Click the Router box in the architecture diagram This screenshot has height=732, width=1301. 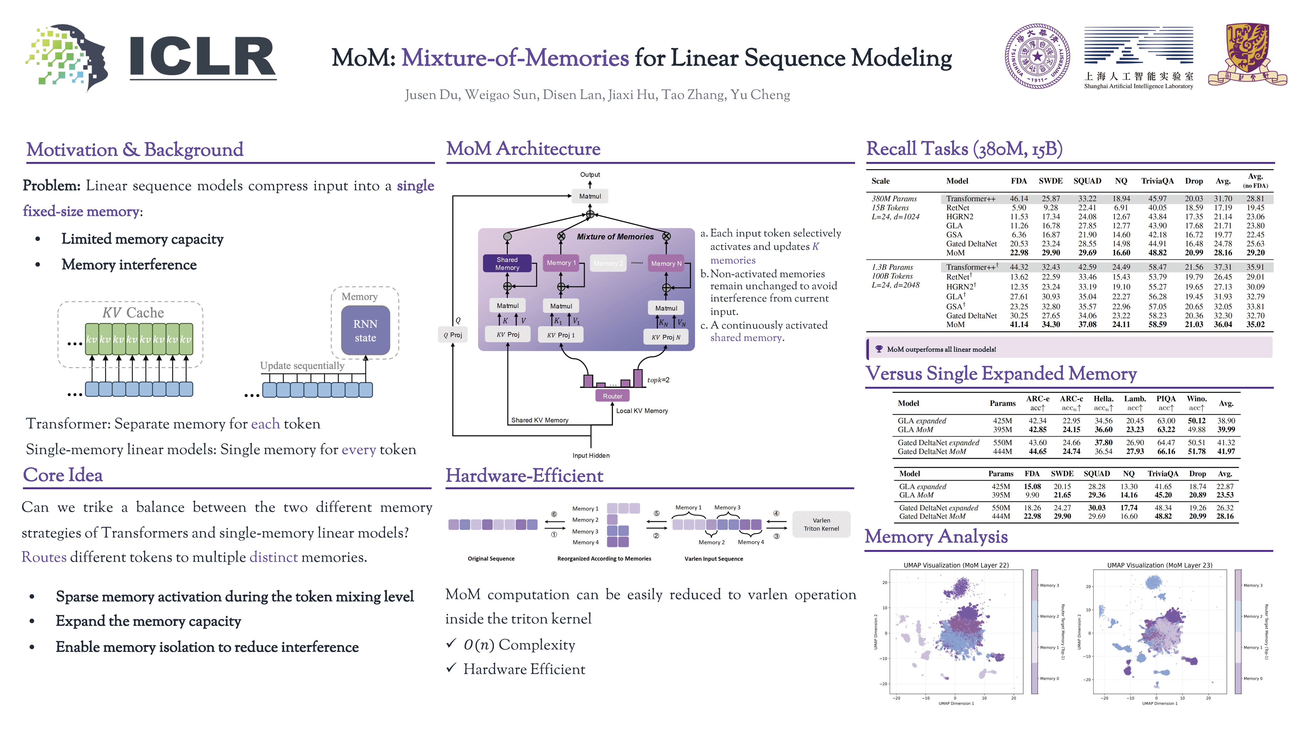pyautogui.click(x=612, y=396)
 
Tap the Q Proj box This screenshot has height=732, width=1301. pyautogui.click(x=453, y=335)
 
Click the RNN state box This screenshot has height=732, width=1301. pyautogui.click(x=365, y=331)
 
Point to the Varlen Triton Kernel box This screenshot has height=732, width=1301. pyautogui.click(x=821, y=524)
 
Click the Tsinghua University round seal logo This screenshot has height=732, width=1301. pyautogui.click(x=1037, y=56)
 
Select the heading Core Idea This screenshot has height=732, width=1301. pyautogui.click(x=63, y=475)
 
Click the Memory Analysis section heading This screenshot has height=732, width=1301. pyautogui.click(x=936, y=537)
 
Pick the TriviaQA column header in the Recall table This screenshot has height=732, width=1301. pyautogui.click(x=1157, y=181)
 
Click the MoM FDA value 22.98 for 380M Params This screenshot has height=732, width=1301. pyautogui.click(x=1019, y=253)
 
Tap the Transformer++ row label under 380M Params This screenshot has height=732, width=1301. pyautogui.click(x=971, y=199)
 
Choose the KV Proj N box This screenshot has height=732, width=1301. pyautogui.click(x=666, y=337)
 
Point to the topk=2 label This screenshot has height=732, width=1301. pyautogui.click(x=658, y=380)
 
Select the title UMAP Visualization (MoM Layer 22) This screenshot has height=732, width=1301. pyautogui.click(x=956, y=565)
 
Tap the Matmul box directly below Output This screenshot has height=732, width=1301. pyautogui.click(x=590, y=196)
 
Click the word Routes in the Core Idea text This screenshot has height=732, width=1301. pyautogui.click(x=44, y=557)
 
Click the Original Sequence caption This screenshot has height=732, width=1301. pyautogui.click(x=491, y=559)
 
